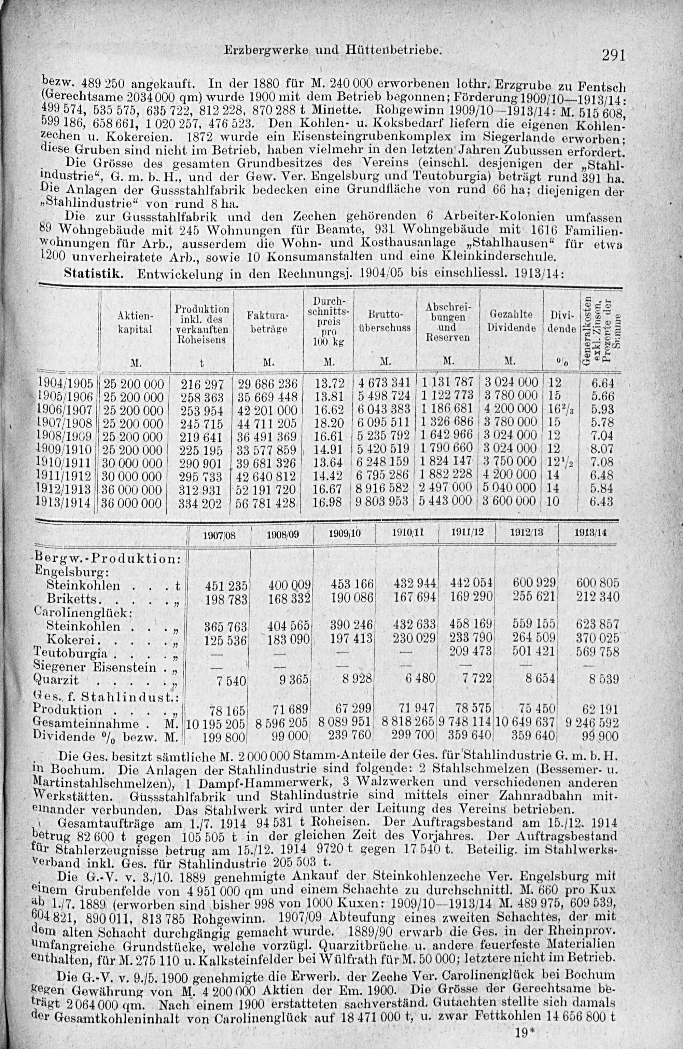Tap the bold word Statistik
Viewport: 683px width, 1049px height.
94,273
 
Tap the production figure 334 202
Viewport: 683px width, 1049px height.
200,503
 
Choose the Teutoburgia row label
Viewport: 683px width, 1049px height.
70,652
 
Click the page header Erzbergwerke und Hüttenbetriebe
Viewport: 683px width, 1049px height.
333,51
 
